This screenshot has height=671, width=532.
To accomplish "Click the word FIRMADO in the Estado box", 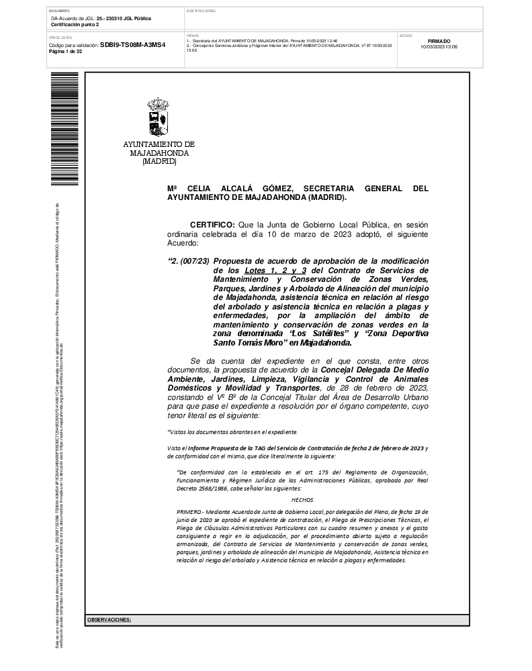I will [439, 41].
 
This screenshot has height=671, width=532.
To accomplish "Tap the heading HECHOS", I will [302, 499].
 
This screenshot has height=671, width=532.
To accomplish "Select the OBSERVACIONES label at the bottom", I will [109, 620].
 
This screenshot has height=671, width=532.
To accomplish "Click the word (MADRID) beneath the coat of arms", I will [159, 161].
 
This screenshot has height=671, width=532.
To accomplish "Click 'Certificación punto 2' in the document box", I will [75, 24].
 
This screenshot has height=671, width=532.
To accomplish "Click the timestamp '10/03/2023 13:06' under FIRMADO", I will [439, 47].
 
